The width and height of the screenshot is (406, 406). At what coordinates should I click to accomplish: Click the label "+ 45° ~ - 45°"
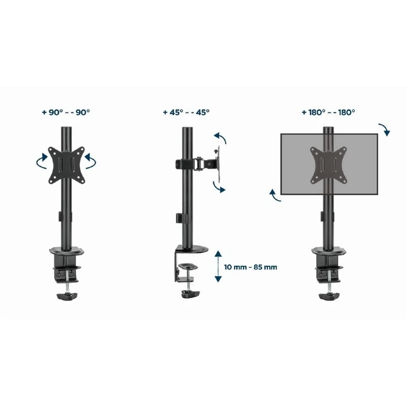[186, 113]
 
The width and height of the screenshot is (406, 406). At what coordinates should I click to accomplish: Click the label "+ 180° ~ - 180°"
[328, 113]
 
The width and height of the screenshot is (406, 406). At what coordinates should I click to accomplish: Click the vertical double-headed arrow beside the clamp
[218, 267]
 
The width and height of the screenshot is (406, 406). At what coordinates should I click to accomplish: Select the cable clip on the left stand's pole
[64, 219]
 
